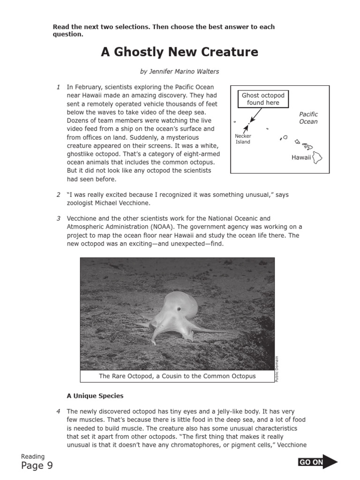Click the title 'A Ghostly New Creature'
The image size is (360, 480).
click(180, 52)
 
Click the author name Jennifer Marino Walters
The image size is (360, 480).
click(180, 72)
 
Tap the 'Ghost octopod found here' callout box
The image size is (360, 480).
click(262, 99)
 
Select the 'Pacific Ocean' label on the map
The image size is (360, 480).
click(308, 118)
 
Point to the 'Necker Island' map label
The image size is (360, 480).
click(243, 139)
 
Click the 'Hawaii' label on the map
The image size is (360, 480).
click(301, 157)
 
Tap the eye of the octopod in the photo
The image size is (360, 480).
click(179, 309)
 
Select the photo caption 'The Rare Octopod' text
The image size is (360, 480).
click(177, 376)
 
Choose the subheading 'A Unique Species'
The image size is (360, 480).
click(95, 396)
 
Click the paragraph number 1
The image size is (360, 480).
click(58, 87)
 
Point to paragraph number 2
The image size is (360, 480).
click(58, 195)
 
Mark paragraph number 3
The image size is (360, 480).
click(58, 218)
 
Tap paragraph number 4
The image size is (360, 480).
click(58, 412)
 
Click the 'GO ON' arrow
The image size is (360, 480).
click(317, 462)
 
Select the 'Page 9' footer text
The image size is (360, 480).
click(37, 465)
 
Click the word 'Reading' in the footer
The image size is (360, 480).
click(33, 457)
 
